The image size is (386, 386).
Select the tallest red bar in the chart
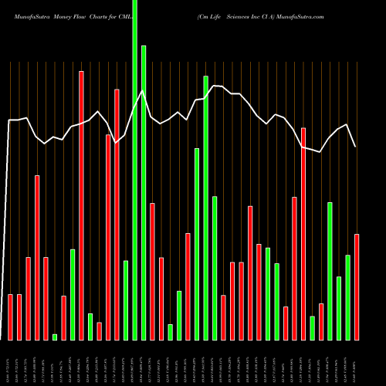(x=82, y=205)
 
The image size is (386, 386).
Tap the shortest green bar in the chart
(x=55, y=337)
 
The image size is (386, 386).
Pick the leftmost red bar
(x=11, y=317)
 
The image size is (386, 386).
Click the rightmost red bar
(x=357, y=286)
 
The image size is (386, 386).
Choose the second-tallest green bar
(x=144, y=193)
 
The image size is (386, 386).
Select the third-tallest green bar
(x=205, y=208)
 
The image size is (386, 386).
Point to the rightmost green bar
(x=347, y=297)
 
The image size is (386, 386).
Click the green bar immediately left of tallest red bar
(x=73, y=294)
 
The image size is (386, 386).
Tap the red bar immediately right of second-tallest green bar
(x=153, y=271)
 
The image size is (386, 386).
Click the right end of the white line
(x=356, y=147)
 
